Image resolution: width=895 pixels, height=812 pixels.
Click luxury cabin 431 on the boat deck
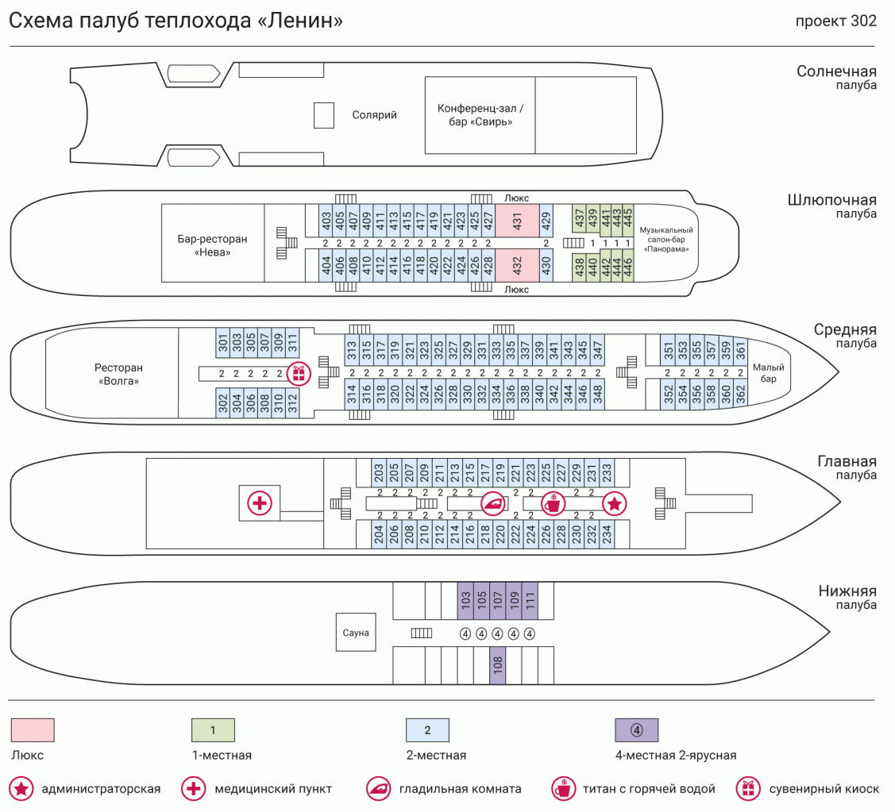[x=517, y=221]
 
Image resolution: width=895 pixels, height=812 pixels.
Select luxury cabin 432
[x=517, y=264]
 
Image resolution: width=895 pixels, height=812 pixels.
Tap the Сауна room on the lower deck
[x=356, y=633]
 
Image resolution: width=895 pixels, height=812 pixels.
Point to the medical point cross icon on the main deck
[x=260, y=502]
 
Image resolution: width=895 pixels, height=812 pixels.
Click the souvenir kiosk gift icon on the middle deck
[x=299, y=371]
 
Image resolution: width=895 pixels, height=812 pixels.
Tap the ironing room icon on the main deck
[x=493, y=502]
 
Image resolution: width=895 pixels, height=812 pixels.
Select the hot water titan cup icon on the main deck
[x=553, y=502]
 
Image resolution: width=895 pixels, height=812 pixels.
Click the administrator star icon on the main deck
[x=615, y=502]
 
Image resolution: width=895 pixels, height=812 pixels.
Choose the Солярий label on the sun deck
[x=375, y=115]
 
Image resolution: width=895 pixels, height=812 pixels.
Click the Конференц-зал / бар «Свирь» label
[x=481, y=115]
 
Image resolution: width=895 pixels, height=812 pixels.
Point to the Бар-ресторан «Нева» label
[x=213, y=245]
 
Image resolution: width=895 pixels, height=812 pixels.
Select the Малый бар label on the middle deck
[x=768, y=373]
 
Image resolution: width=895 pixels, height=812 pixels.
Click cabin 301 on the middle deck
[x=223, y=342]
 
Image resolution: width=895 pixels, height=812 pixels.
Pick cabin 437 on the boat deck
[x=579, y=216]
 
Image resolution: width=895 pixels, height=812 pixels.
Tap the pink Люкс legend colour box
[x=33, y=729]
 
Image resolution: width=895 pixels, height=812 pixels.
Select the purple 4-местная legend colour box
[x=637, y=729]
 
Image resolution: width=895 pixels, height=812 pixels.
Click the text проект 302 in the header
[x=836, y=21]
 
